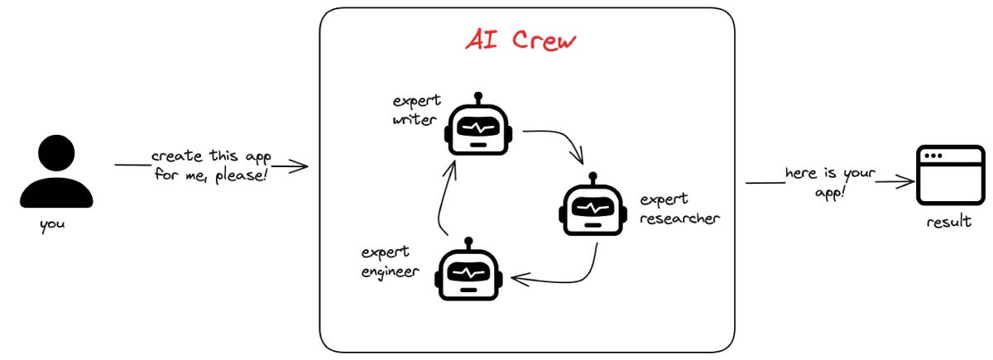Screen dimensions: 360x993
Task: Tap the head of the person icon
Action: tap(56, 153)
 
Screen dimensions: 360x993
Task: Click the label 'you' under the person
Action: tap(52, 223)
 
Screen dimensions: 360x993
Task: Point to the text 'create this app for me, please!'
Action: tap(211, 166)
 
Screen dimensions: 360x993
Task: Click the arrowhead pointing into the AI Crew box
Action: tap(303, 166)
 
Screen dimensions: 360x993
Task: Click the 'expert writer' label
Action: tap(416, 111)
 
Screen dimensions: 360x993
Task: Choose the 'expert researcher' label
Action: tap(679, 209)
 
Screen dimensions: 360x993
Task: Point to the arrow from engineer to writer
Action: tap(444, 199)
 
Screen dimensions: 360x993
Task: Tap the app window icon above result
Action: tap(950, 175)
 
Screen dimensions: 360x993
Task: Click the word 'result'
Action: tap(949, 222)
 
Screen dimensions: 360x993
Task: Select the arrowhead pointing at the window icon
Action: tap(905, 180)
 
